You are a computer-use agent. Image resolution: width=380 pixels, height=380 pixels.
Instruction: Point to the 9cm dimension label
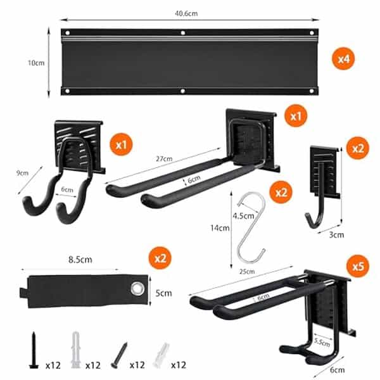coord(23,172)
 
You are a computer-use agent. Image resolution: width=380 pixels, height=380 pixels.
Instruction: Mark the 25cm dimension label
coord(247,272)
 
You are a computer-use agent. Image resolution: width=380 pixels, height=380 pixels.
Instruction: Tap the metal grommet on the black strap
coord(136,289)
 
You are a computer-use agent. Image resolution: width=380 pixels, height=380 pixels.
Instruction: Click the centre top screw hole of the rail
coord(183,32)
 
